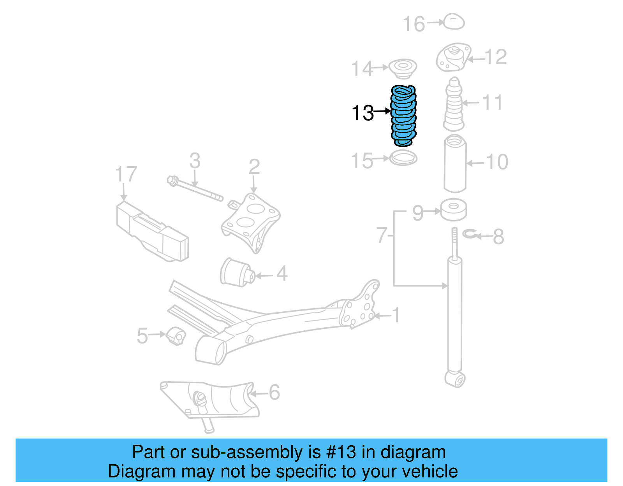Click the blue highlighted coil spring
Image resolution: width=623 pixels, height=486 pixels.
(x=403, y=116)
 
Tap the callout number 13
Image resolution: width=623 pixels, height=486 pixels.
(x=362, y=113)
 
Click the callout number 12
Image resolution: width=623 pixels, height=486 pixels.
(x=496, y=57)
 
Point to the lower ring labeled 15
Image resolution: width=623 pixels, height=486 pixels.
(x=403, y=158)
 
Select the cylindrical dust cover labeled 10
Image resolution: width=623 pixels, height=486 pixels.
(x=455, y=163)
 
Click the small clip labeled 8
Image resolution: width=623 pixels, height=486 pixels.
(x=471, y=234)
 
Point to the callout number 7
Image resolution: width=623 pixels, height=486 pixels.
(x=382, y=235)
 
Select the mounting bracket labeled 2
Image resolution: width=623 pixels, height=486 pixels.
(x=251, y=220)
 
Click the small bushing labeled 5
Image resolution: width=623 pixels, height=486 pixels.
(x=176, y=336)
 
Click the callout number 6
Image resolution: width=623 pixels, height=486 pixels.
(x=274, y=392)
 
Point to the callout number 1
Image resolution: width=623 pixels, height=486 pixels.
(x=396, y=315)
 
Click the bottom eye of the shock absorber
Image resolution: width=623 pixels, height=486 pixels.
(x=455, y=379)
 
